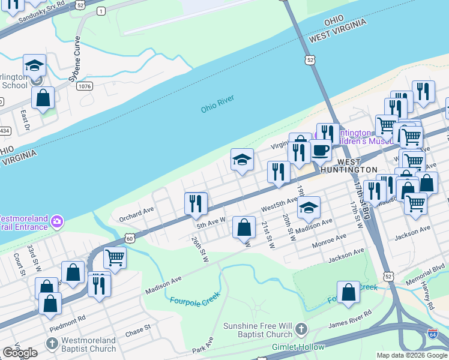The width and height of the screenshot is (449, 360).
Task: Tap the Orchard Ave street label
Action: (x=136, y=214)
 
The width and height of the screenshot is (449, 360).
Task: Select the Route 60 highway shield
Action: (x=130, y=239)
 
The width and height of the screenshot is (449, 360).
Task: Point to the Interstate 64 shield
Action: (x=432, y=334)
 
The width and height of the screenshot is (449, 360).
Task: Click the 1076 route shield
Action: (x=85, y=87)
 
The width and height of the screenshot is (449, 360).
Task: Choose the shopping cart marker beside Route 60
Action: (x=114, y=258)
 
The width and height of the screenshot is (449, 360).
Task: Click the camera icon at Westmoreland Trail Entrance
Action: (x=56, y=221)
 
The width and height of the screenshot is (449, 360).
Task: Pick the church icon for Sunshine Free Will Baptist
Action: (x=301, y=329)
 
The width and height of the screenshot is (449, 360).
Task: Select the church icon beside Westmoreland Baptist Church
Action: (x=52, y=343)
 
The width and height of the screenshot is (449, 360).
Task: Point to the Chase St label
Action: (x=137, y=331)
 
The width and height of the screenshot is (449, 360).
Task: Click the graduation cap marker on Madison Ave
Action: (x=309, y=208)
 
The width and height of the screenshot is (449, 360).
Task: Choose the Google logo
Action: (x=20, y=353)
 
